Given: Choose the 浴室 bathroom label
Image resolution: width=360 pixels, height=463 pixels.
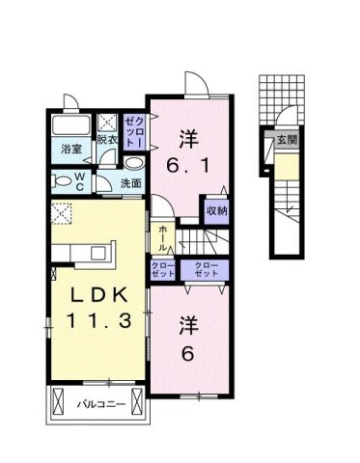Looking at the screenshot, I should pyautogui.click(x=72, y=150).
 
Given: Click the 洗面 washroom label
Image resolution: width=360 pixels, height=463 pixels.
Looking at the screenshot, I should pyautogui.click(x=130, y=183).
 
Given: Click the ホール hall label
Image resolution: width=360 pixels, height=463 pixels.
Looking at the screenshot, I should pyautogui.click(x=163, y=234).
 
